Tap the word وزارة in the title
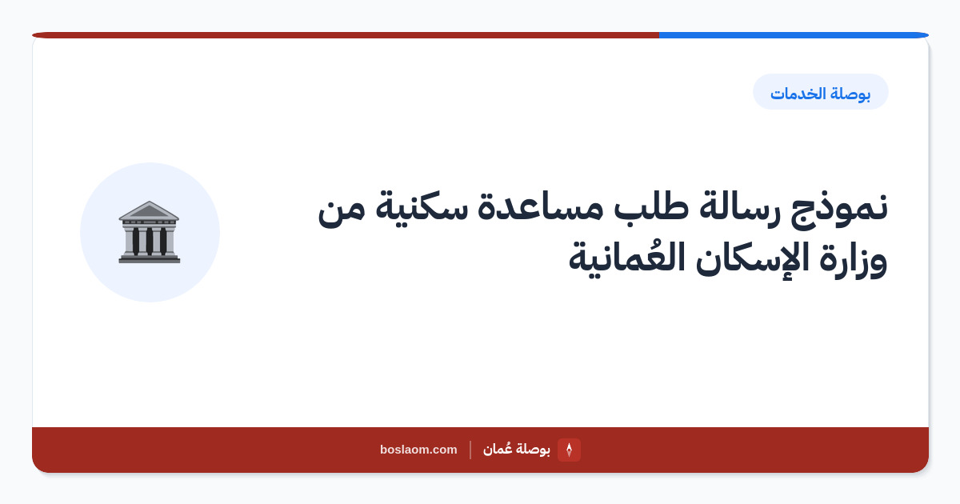[x=853, y=260]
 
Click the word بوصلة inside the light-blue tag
[x=850, y=94]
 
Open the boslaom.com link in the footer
[x=418, y=450]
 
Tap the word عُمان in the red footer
[x=496, y=449]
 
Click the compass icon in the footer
[x=569, y=450]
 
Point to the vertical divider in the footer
[x=470, y=450]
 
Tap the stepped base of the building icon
[x=150, y=258]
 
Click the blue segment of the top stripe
[x=794, y=35]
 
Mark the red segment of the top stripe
[x=346, y=35]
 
